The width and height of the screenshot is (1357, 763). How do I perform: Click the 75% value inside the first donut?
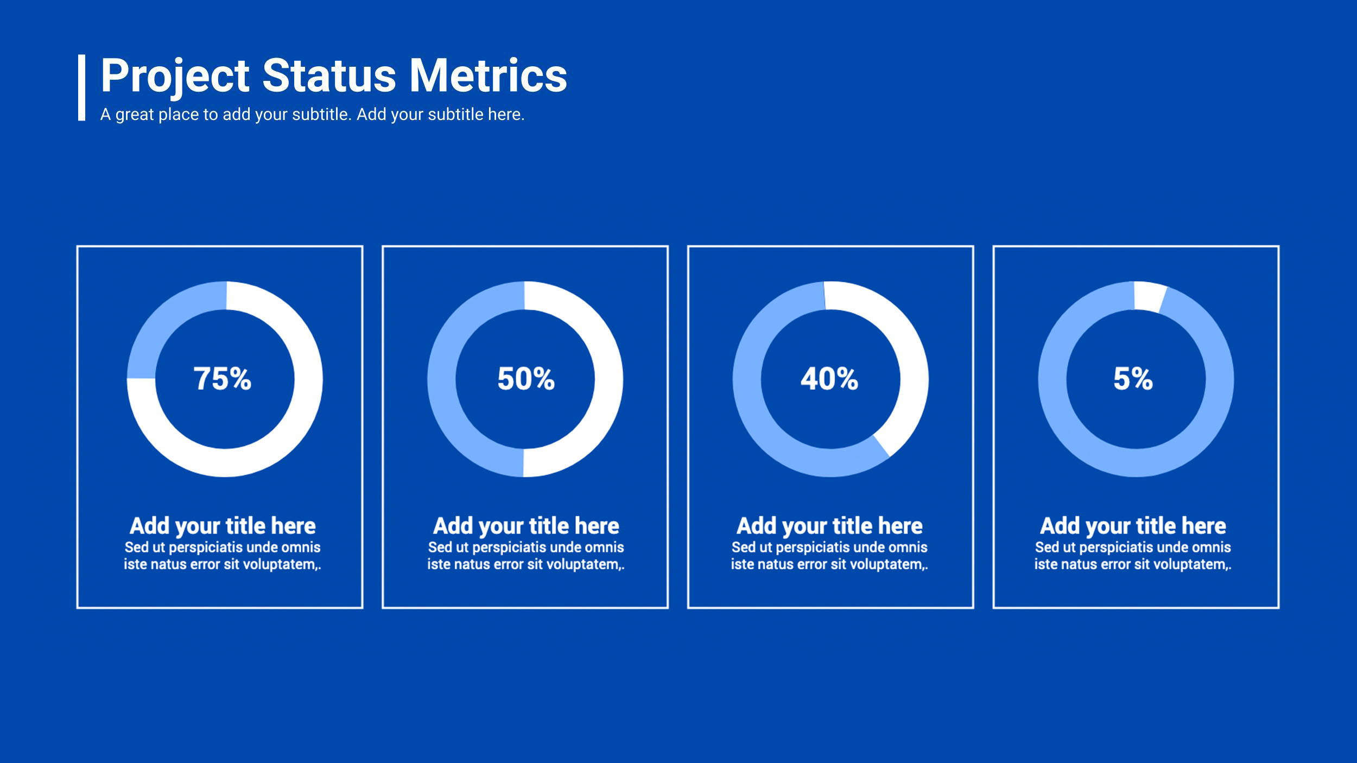pyautogui.click(x=223, y=378)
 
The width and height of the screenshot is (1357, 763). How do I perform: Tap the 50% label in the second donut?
pyautogui.click(x=526, y=378)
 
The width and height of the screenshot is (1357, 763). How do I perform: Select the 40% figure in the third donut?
pyautogui.click(x=829, y=378)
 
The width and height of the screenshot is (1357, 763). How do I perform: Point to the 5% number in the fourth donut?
pyautogui.click(x=1133, y=378)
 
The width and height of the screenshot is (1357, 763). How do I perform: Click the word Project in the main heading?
pyautogui.click(x=175, y=77)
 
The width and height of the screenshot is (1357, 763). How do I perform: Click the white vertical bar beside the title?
pyautogui.click(x=81, y=87)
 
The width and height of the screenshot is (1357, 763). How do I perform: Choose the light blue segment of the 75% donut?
pyautogui.click(x=163, y=320)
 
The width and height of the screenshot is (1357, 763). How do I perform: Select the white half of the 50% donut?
pyautogui.click(x=608, y=379)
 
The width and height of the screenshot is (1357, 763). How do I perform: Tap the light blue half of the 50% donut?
pyautogui.click(x=441, y=379)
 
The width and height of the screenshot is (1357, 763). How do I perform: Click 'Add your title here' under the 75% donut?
pyautogui.click(x=223, y=526)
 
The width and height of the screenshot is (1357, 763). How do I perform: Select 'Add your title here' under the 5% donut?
pyautogui.click(x=1133, y=526)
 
